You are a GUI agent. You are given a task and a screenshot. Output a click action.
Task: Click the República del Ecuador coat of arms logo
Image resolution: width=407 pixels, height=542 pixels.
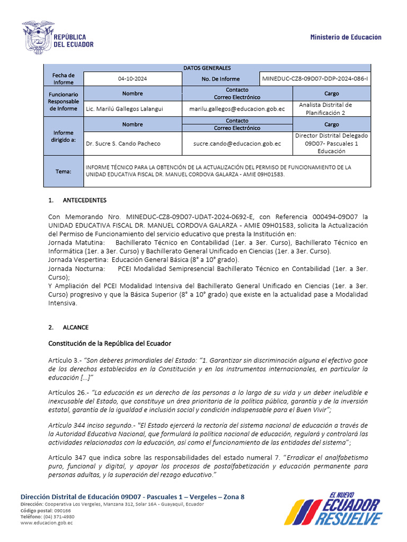(x=38, y=37)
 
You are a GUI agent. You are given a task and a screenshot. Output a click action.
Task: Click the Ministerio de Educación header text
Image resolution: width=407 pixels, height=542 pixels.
(x=346, y=37)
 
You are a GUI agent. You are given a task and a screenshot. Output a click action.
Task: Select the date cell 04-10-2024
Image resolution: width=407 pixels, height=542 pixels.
(x=132, y=79)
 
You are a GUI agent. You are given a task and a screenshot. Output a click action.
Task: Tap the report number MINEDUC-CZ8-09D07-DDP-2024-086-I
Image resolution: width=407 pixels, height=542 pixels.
(x=315, y=79)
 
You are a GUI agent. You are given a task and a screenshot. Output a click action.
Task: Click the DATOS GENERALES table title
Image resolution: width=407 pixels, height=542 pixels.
(x=207, y=68)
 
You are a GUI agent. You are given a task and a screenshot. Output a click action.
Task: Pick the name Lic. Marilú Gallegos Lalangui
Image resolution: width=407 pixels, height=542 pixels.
(x=125, y=109)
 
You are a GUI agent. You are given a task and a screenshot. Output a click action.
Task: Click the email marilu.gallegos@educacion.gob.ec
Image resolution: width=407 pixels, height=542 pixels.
(x=237, y=109)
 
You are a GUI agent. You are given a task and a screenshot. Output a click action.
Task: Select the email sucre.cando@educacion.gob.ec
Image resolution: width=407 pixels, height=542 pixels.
(x=237, y=143)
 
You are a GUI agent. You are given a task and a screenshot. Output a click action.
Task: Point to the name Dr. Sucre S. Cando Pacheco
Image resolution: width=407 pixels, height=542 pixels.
(x=123, y=143)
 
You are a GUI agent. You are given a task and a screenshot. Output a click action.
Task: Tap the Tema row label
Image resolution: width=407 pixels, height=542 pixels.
(x=63, y=171)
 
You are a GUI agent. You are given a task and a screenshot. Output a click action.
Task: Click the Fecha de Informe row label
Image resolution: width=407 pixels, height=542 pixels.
(x=63, y=79)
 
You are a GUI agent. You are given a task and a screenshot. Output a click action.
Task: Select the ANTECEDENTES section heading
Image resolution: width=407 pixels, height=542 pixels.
(x=85, y=201)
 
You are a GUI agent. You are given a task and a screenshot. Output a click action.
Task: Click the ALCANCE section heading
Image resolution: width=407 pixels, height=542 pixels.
(x=76, y=328)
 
